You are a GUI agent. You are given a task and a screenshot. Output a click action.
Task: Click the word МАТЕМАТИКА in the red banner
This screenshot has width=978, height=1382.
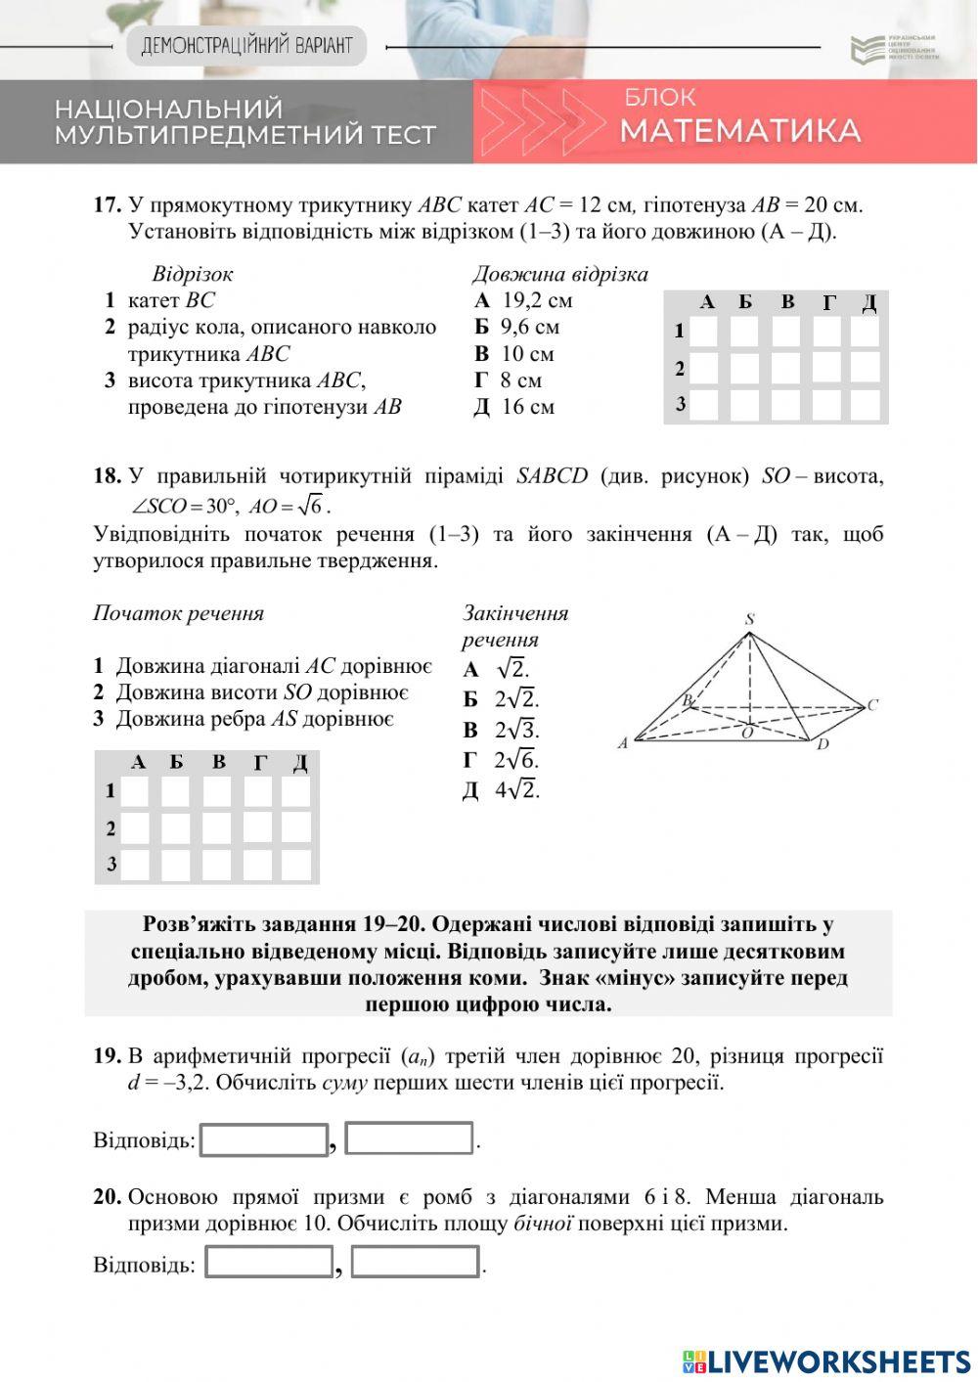coord(739,131)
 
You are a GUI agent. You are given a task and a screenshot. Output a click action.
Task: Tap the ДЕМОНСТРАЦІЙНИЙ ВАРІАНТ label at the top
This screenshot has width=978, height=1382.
coord(246,46)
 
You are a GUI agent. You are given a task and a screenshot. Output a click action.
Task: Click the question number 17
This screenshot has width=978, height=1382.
coord(107,205)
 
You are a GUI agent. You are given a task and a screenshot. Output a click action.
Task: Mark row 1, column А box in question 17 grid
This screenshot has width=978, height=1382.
coord(704,332)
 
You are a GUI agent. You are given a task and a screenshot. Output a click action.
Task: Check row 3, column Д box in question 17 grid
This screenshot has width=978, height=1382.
coord(866,404)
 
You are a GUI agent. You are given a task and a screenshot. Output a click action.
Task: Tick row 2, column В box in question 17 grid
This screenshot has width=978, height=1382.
coord(785,368)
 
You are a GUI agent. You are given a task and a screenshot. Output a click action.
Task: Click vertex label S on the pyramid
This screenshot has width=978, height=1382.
coord(749,619)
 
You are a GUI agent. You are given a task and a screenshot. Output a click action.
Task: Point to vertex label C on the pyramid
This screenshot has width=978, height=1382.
coord(872,704)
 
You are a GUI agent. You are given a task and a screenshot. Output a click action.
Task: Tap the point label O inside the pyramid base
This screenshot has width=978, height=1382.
coord(747,733)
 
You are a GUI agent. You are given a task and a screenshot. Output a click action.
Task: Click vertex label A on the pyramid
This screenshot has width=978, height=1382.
coord(622,743)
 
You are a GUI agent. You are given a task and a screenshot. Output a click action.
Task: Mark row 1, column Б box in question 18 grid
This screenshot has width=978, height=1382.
coord(176,791)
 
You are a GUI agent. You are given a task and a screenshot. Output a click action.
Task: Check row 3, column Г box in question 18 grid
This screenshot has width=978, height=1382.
coord(258,865)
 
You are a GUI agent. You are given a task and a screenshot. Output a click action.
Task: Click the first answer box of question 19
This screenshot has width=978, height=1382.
coord(264,1139)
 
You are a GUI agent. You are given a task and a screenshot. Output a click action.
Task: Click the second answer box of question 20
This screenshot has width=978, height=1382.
coord(415,1262)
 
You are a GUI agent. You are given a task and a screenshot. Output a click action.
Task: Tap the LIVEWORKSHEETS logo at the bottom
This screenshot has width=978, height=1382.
coord(826,1360)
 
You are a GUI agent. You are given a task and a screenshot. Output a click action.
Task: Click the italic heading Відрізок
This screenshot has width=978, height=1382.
coord(193,274)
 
